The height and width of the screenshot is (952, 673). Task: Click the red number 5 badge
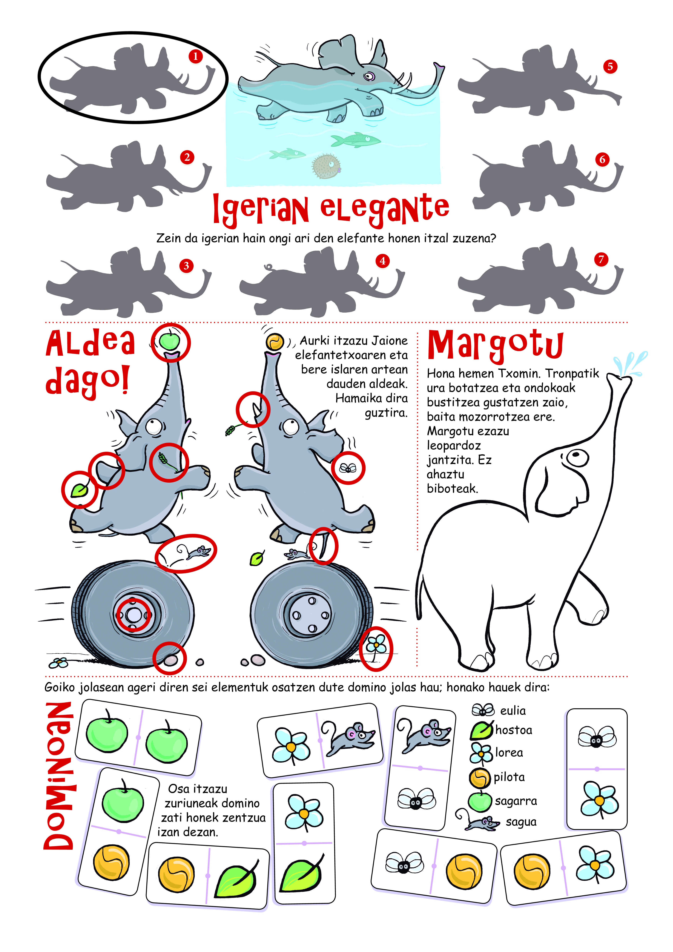click(x=610, y=66)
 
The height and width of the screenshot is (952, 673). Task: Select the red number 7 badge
click(x=601, y=260)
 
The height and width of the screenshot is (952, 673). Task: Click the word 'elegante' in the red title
click(x=385, y=207)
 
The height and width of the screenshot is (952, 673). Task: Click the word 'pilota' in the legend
click(x=509, y=777)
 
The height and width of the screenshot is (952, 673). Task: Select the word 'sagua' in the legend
click(x=521, y=822)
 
